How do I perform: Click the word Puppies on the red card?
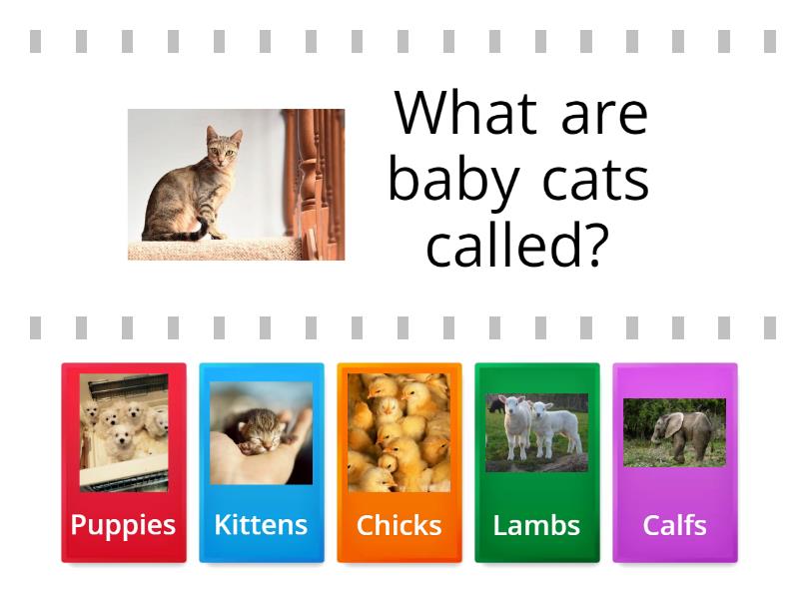pyautogui.click(x=123, y=525)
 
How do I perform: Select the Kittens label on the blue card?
pyautogui.click(x=261, y=525)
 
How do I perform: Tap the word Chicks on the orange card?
pyautogui.click(x=399, y=525)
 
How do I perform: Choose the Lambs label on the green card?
pyautogui.click(x=536, y=525)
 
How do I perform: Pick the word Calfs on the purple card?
pyautogui.click(x=674, y=525)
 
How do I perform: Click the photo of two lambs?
pyautogui.click(x=536, y=432)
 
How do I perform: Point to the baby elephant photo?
pyautogui.click(x=674, y=432)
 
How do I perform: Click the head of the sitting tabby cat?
pyautogui.click(x=224, y=147)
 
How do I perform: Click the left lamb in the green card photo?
pyautogui.click(x=515, y=424)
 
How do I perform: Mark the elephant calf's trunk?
pyautogui.click(x=654, y=436)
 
